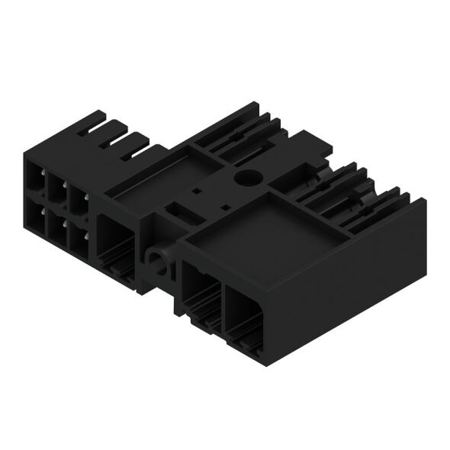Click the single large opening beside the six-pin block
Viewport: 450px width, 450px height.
[117, 240]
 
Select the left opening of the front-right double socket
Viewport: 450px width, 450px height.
[201, 294]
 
